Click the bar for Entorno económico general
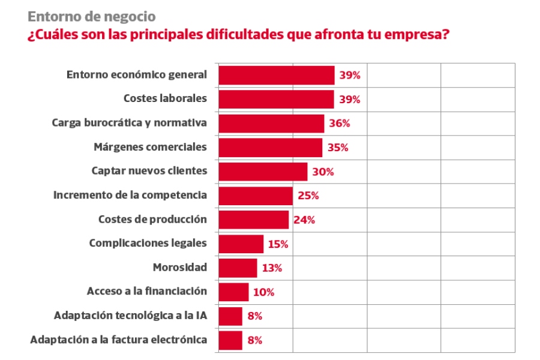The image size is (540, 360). (276, 75)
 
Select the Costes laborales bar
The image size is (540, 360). (276, 99)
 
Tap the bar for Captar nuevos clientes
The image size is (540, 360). (263, 172)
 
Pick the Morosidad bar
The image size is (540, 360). (238, 268)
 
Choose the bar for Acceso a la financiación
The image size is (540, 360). (233, 292)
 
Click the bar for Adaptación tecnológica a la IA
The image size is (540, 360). (230, 316)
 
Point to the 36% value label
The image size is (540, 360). (339, 124)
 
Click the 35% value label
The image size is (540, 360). (338, 148)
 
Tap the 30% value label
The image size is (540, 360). (323, 172)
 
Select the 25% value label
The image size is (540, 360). (308, 196)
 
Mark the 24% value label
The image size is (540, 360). (304, 220)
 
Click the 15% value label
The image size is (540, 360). (278, 244)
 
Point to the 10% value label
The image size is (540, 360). (263, 292)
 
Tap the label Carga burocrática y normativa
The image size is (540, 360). (129, 122)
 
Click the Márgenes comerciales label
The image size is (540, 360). (150, 146)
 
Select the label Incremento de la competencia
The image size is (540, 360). (130, 195)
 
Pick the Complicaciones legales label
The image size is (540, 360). (148, 243)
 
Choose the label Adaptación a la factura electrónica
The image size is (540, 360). (118, 340)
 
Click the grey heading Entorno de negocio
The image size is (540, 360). (91, 16)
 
